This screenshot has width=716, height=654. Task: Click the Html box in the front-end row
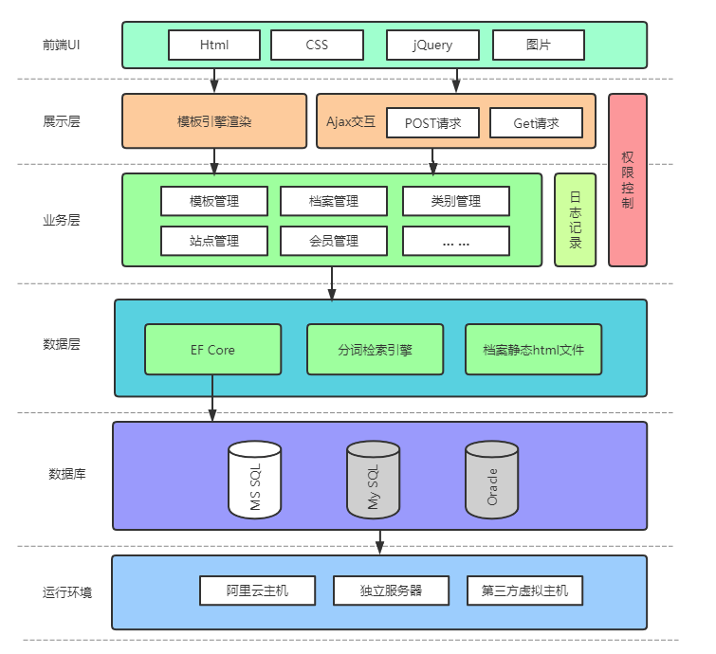coord(214,45)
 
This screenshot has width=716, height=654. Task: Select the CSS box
coord(317,45)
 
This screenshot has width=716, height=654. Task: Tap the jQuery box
coord(432,45)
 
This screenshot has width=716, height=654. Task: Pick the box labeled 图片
coord(538,45)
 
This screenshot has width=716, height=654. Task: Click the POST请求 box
coord(432,122)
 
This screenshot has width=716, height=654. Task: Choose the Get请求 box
coord(536,122)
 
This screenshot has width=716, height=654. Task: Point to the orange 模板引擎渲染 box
coord(214,121)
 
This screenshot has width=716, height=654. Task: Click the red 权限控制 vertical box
coord(627,180)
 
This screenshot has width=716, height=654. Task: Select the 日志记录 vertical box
coord(575,220)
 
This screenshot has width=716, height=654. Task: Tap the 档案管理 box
coord(334,201)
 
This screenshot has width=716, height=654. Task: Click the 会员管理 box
coord(334,241)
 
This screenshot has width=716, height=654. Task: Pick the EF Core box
coord(213,350)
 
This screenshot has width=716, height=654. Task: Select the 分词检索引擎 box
coord(376,350)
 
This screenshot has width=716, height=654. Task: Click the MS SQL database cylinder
coord(255,480)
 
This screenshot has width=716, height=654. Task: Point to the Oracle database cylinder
coord(492,480)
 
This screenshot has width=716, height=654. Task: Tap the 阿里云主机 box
coord(257,590)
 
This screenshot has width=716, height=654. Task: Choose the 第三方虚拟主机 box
coord(524,590)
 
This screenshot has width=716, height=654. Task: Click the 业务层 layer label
coord(62,220)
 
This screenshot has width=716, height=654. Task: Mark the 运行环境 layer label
coord(62,592)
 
